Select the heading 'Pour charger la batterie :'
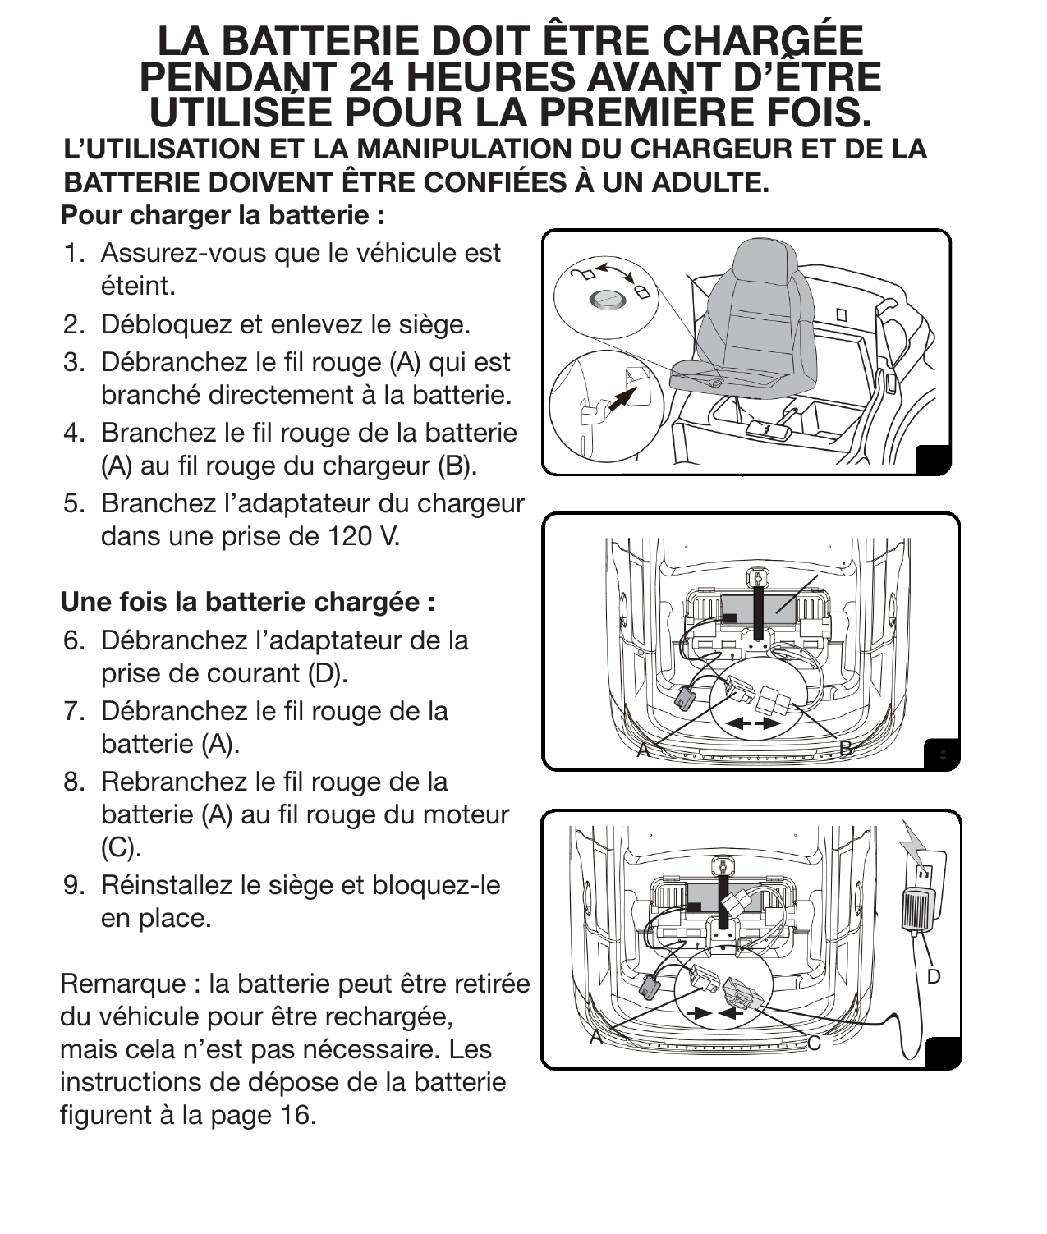click(x=223, y=216)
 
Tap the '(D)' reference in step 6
click(x=328, y=673)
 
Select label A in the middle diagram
click(x=644, y=749)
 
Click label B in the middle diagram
click(x=845, y=748)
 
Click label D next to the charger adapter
click(x=933, y=976)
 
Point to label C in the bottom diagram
click(x=813, y=1042)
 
